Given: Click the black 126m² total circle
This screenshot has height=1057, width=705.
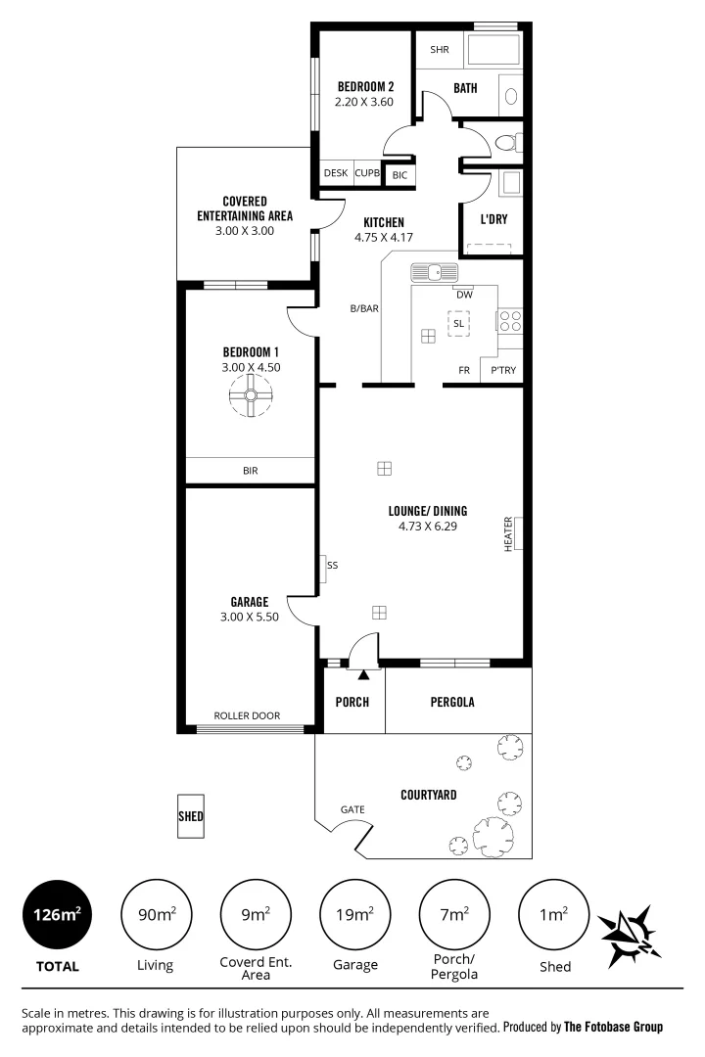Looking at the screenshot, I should (x=56, y=916).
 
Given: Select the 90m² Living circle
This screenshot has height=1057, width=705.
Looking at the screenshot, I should (x=155, y=916).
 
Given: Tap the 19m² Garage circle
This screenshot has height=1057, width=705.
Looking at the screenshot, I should (x=354, y=916).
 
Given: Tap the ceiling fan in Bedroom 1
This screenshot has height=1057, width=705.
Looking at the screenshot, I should (x=250, y=396).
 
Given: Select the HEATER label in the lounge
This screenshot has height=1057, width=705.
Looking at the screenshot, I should (x=508, y=533).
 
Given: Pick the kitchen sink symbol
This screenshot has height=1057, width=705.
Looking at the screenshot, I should (x=435, y=271).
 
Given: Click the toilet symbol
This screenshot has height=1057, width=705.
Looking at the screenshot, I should (x=505, y=143).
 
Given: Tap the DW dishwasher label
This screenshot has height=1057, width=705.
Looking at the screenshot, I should (x=464, y=294).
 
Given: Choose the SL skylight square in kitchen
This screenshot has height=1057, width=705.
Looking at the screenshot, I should (x=457, y=323).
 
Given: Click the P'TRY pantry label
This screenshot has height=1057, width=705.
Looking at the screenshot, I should (x=503, y=371).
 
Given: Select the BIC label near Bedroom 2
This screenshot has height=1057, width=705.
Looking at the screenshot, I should (x=399, y=175).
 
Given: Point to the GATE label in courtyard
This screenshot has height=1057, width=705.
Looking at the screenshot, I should (x=352, y=809).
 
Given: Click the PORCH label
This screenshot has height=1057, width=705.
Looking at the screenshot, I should (x=352, y=702).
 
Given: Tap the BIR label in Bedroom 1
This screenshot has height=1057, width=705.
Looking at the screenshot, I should (x=250, y=471).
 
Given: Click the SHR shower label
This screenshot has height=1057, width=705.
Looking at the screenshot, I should (x=439, y=50).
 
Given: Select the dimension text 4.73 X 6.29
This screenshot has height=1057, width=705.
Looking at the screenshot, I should (x=428, y=526).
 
